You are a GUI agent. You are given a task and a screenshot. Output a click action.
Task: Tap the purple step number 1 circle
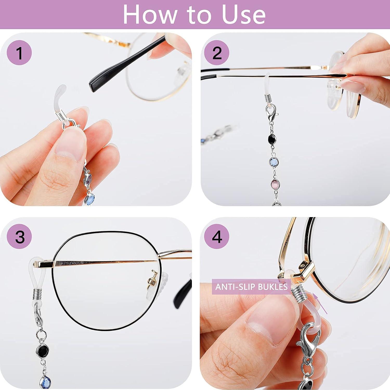coord(19,53)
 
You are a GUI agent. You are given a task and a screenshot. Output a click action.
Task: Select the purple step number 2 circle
coord(217,53)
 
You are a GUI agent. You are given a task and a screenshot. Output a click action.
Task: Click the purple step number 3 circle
coord(19,237)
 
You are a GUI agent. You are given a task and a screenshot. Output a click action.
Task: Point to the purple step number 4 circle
coord(217,237)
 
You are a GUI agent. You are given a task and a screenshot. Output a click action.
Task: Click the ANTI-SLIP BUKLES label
coord(251,287)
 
